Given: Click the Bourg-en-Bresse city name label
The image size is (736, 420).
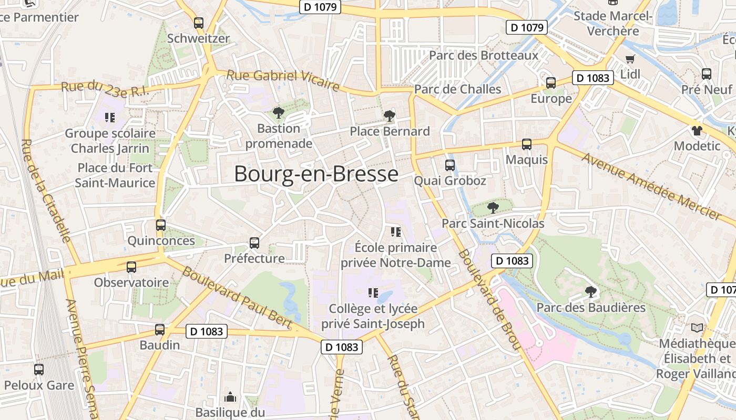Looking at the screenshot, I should [x=316, y=174].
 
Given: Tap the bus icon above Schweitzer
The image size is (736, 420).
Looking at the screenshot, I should [x=198, y=23].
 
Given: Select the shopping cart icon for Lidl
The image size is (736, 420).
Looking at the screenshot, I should [x=630, y=58].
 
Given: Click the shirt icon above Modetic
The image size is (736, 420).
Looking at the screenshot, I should [x=697, y=131].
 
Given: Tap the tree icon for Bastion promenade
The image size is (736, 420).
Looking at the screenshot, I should [x=278, y=112].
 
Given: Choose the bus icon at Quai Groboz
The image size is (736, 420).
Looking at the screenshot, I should [x=449, y=165].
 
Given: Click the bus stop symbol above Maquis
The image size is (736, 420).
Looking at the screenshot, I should [x=526, y=144].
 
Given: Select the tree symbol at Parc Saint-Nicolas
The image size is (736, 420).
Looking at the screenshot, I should [x=493, y=208].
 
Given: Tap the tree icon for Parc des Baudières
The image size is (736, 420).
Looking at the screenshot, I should [x=591, y=291].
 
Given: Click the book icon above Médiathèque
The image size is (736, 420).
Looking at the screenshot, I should [x=697, y=328].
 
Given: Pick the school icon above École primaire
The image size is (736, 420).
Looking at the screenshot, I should [x=395, y=232].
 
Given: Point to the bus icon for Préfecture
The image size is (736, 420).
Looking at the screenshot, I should [x=254, y=243].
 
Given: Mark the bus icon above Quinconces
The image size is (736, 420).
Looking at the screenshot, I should [x=161, y=225].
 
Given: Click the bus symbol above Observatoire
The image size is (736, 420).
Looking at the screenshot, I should [x=131, y=267].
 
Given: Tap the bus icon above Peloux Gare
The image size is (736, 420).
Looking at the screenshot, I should [x=39, y=370].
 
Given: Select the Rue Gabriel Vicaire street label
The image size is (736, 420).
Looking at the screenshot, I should [x=283, y=80].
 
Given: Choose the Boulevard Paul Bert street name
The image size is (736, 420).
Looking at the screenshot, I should [x=236, y=298].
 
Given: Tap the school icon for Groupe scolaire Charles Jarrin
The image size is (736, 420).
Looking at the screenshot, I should [x=110, y=118].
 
